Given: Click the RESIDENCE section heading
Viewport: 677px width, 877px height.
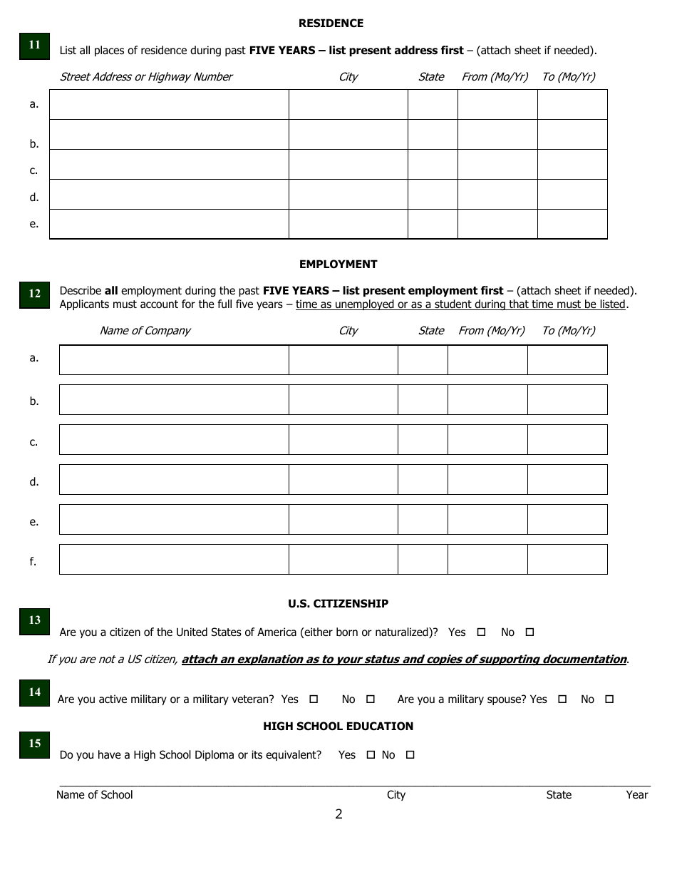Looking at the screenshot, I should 331,24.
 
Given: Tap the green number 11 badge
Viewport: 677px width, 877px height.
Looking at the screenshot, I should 34,45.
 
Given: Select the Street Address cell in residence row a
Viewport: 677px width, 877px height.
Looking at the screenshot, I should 169,104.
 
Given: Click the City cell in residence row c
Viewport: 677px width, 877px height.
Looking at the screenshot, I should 348,164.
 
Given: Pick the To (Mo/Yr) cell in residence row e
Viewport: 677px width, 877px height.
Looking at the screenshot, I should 572,224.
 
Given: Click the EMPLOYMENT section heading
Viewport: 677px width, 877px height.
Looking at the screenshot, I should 338,265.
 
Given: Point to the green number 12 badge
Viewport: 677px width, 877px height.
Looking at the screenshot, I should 34,293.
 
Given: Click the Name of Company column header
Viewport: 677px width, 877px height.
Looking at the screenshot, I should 145,331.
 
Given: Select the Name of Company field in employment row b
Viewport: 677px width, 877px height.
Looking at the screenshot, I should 174,400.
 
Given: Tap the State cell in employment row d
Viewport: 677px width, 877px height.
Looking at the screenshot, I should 423,480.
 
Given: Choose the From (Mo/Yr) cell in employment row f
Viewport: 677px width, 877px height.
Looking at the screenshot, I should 487,560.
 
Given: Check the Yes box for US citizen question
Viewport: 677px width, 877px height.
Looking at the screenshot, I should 481,632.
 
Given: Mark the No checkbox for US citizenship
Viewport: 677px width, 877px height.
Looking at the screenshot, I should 529,632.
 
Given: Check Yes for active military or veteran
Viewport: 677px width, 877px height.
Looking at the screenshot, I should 314,699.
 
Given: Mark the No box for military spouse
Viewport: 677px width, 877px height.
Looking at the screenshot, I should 609,699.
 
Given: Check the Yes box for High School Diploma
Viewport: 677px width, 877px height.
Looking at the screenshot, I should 371,755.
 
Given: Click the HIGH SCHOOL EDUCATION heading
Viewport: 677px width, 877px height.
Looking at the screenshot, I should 338,727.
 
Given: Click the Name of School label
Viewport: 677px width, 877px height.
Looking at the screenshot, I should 94,795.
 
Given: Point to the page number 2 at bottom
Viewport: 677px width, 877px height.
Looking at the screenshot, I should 338,814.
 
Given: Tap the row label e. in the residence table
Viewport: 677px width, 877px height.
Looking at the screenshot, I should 33,224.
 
